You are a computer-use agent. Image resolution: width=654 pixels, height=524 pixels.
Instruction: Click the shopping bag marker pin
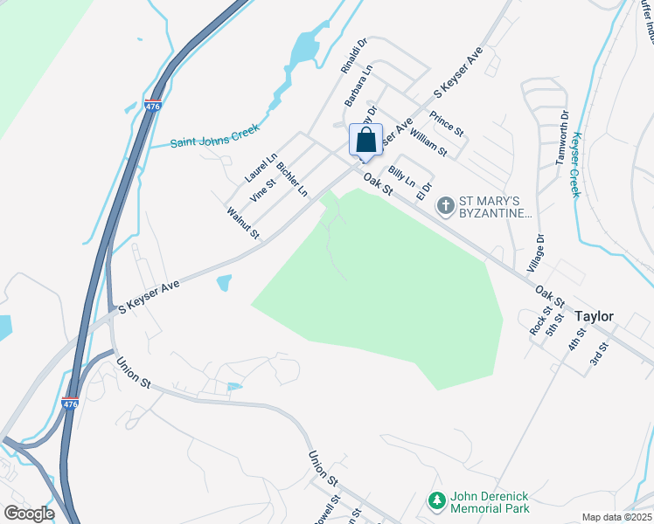(x=366, y=141)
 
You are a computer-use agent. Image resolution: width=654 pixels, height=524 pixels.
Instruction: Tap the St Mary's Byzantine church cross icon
(x=445, y=206)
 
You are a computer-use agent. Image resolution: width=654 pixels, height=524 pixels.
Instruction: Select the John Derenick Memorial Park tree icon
(x=436, y=501)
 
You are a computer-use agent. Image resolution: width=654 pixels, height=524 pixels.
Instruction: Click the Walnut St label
(x=243, y=223)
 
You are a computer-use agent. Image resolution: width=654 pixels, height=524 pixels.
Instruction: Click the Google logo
(x=29, y=513)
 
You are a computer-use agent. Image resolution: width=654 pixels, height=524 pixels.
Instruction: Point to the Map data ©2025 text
(x=616, y=517)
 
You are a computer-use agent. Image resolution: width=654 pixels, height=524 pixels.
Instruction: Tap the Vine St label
(x=263, y=189)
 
